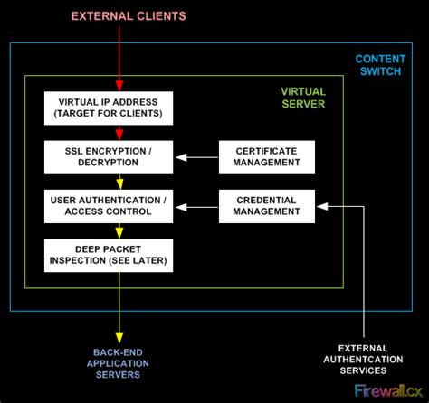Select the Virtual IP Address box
pos(109,108)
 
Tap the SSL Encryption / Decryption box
pos(109,156)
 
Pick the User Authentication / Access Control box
pos(109,205)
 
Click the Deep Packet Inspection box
pos(109,254)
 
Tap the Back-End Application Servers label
pos(118,361)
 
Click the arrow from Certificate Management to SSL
pos(197,156)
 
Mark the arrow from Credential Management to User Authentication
pos(197,205)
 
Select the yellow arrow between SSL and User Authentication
pos(119,181)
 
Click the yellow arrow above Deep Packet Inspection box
pos(119,230)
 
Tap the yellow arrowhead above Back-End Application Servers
pos(119,335)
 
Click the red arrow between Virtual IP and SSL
pos(119,133)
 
